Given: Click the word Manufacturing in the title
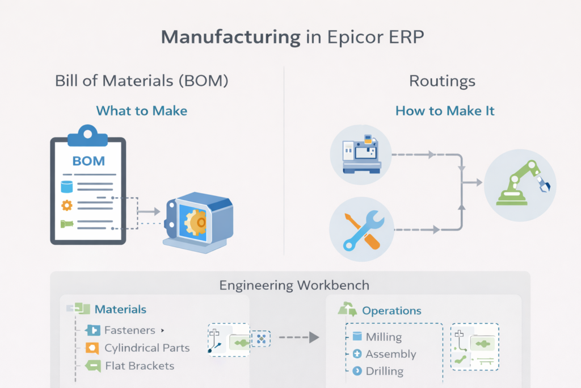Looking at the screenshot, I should coord(230,37).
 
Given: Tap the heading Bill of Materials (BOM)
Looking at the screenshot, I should coord(142,81).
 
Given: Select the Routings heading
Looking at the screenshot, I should coord(442,81).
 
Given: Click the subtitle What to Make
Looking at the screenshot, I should coord(141,110).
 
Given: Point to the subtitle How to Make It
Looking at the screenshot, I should coord(445,110).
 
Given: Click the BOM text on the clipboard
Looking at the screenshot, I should coord(89,160).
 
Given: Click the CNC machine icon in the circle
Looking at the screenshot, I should coord(361,154).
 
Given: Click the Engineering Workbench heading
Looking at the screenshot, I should coord(290,285).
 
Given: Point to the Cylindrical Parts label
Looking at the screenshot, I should coord(147,348).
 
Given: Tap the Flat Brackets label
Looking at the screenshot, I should coord(140,365).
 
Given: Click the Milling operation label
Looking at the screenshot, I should coord(384,337).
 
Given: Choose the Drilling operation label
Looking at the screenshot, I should coord(384,371).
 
